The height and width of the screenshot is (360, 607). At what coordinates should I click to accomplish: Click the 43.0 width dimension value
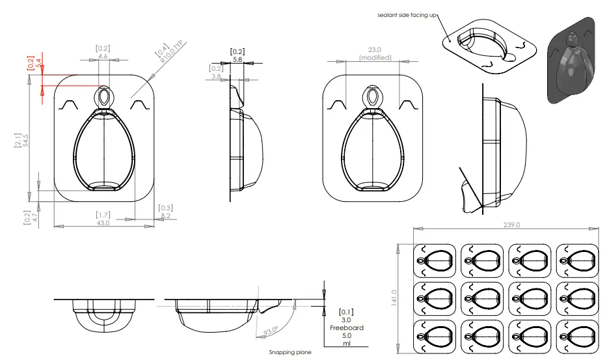(103, 223)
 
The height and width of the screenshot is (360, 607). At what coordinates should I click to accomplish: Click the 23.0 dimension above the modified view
(375, 49)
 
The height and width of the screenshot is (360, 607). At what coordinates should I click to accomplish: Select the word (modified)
(375, 58)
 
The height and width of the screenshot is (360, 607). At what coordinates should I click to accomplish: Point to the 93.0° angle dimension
(271, 330)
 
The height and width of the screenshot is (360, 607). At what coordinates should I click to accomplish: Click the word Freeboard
(346, 328)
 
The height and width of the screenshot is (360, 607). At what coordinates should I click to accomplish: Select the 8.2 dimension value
(165, 215)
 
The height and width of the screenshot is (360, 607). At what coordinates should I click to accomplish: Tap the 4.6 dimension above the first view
(103, 57)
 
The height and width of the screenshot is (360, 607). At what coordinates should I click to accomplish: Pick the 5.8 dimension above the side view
(237, 59)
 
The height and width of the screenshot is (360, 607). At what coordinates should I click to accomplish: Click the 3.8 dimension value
(216, 77)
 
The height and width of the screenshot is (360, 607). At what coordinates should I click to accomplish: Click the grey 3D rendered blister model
(571, 60)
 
